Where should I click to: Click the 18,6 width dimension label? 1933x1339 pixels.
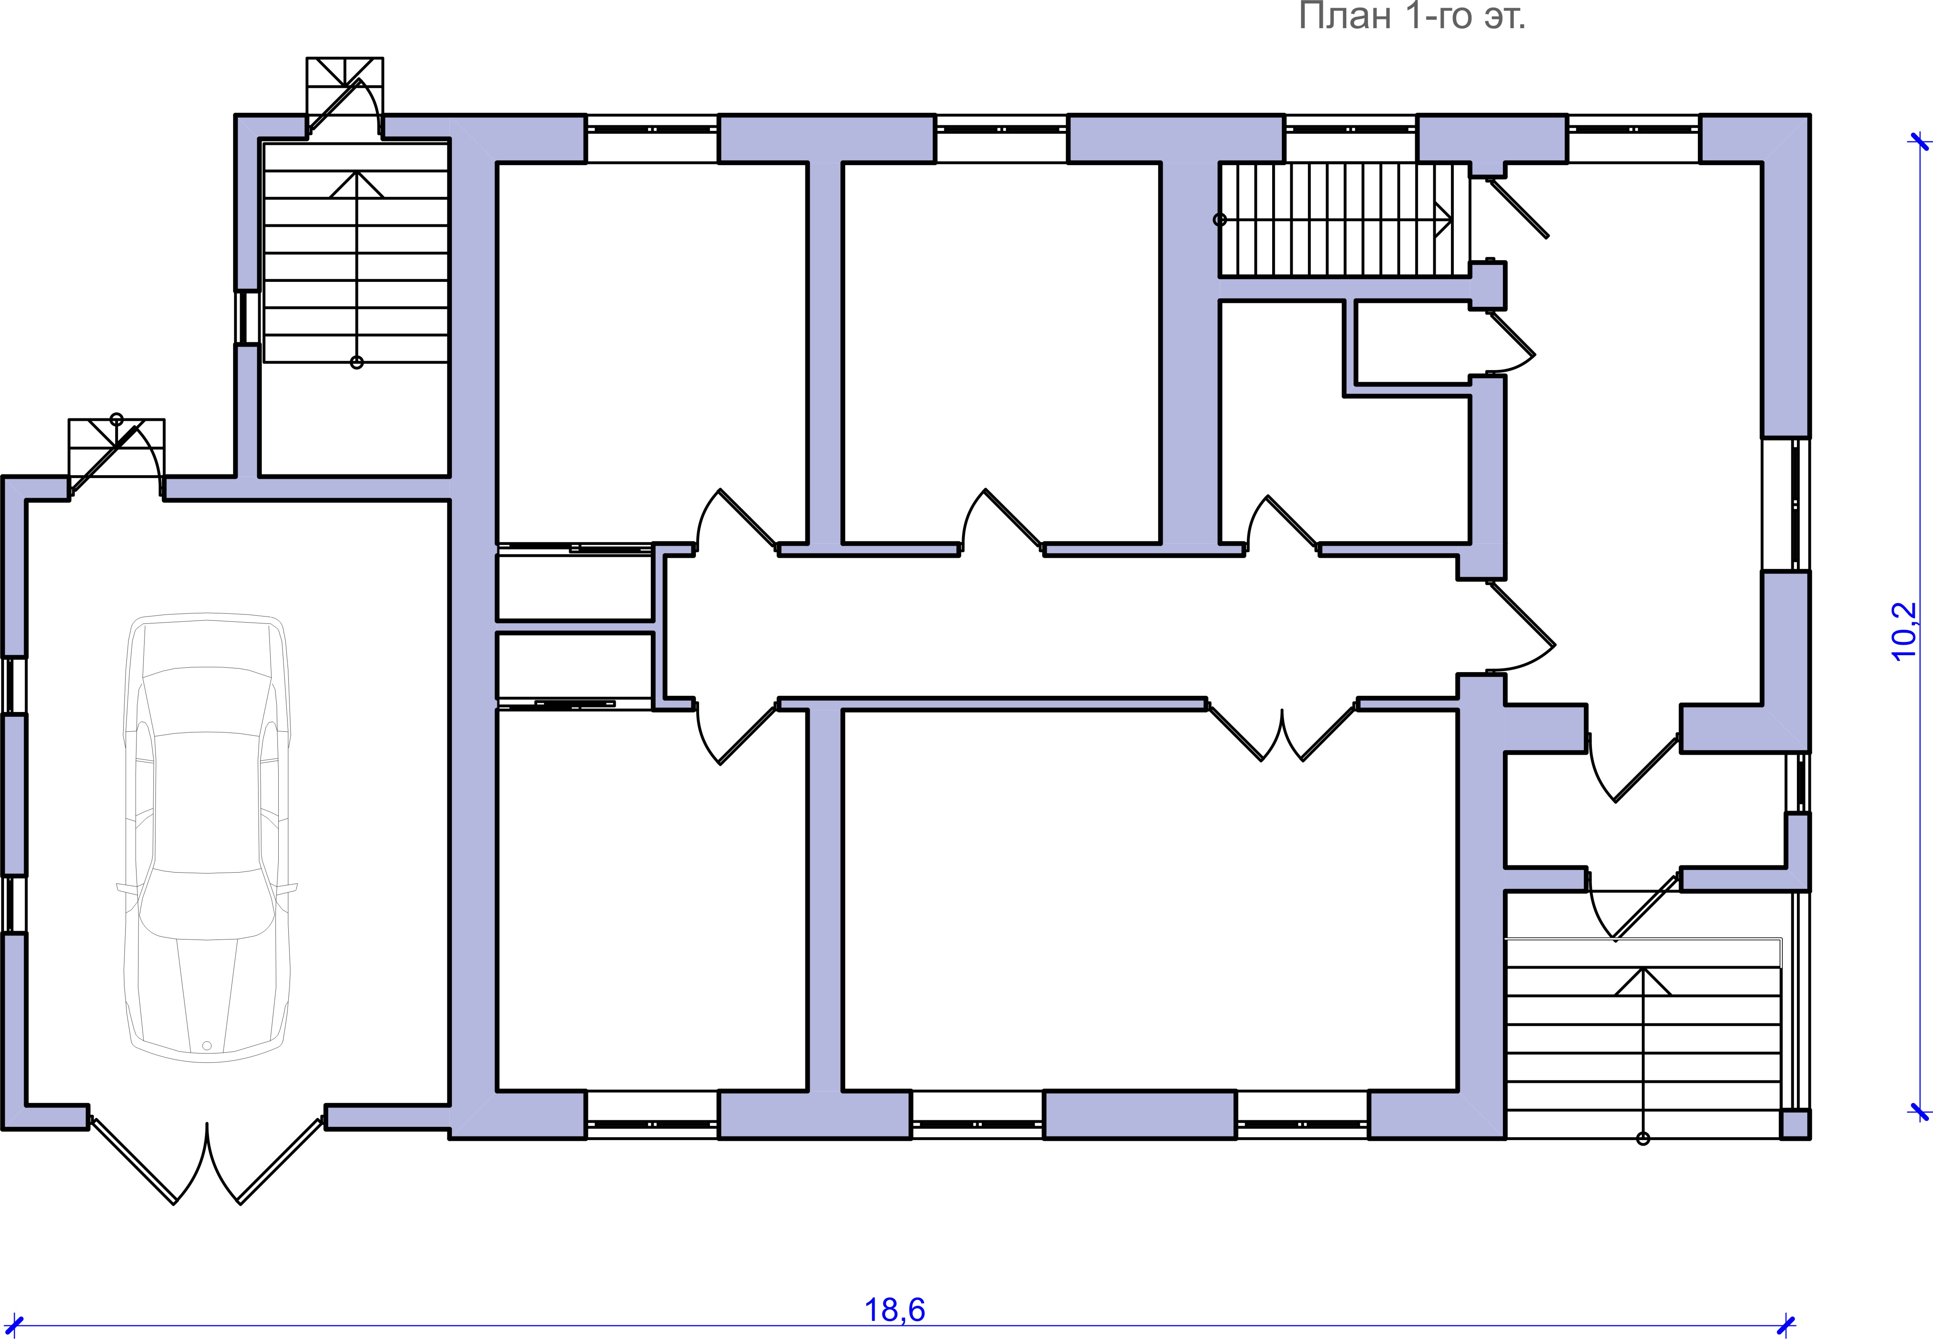point(894,1310)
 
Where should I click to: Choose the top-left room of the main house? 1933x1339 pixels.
point(652,352)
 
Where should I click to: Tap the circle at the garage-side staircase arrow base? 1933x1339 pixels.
point(356,362)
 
